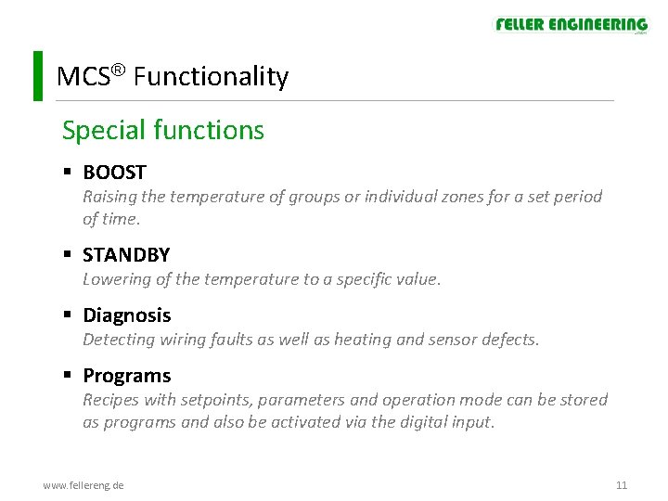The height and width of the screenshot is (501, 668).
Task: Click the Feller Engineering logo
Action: tap(571, 25)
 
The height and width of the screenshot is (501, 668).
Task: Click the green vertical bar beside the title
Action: tap(37, 76)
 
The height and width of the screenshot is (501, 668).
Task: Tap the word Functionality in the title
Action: tap(211, 77)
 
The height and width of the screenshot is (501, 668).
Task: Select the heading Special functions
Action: tap(163, 131)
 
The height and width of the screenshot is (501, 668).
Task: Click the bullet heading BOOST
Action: tap(114, 173)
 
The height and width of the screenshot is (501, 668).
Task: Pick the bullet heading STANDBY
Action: tap(126, 255)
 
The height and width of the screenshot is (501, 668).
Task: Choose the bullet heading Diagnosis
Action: tap(127, 315)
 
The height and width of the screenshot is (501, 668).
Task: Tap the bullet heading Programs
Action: tap(127, 376)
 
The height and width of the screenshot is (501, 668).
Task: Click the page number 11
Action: tap(622, 485)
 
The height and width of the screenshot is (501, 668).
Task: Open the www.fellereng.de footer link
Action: tap(83, 485)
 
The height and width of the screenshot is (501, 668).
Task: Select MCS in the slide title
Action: tap(77, 77)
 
